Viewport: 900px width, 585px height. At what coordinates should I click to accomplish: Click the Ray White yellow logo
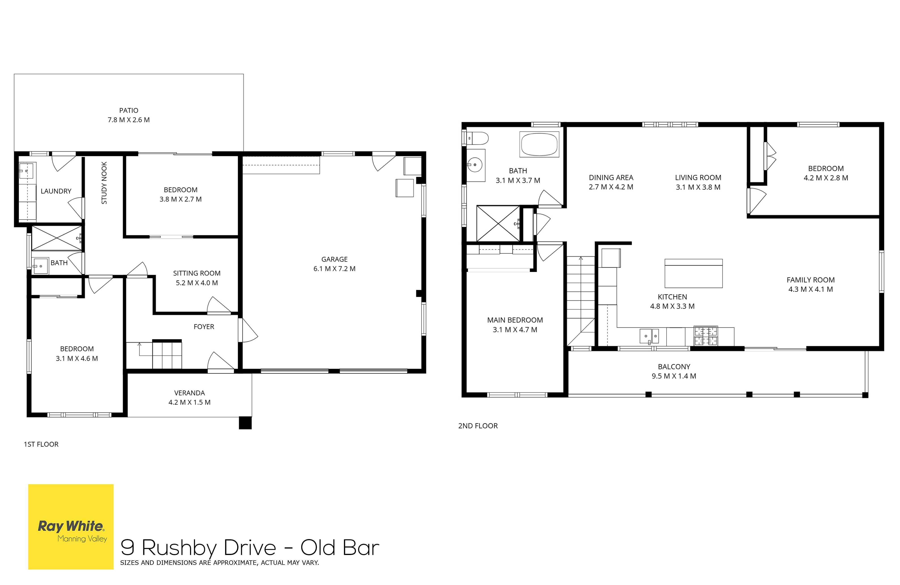click(x=71, y=527)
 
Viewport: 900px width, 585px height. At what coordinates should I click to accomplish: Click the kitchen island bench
click(x=694, y=273)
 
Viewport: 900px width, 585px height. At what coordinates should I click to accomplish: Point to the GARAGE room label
click(x=334, y=259)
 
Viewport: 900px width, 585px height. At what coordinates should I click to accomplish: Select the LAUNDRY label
click(x=56, y=191)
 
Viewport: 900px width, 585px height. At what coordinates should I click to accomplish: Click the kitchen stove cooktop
click(x=706, y=336)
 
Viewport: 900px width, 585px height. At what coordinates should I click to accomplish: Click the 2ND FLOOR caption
click(x=478, y=426)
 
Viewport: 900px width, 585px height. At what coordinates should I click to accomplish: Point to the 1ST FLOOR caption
click(x=41, y=444)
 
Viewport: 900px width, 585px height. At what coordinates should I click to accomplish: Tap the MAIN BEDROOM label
click(x=515, y=320)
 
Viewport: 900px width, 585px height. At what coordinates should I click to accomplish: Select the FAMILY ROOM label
click(x=811, y=280)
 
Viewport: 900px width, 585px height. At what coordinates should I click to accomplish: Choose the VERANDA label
click(x=189, y=393)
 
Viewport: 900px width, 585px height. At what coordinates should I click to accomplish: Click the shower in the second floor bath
click(x=498, y=223)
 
